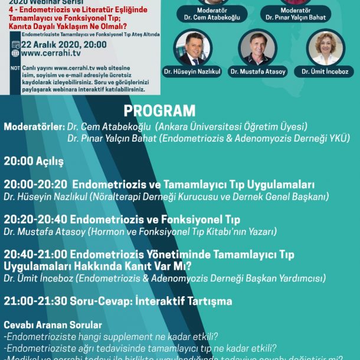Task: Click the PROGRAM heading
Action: tap(159, 111)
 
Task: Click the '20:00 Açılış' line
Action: tap(34, 161)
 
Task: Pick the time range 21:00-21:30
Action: tap(35, 301)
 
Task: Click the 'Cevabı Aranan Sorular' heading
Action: tap(53, 325)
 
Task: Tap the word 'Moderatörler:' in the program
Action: tap(34, 127)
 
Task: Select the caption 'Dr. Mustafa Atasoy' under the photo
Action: tap(258, 72)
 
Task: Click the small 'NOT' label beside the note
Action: tap(15, 67)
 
